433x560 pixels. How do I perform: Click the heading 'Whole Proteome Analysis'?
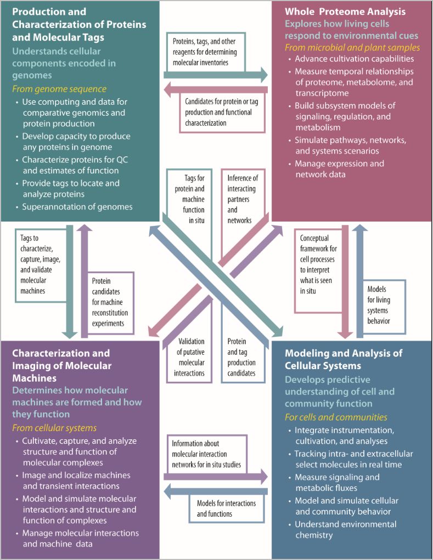345,11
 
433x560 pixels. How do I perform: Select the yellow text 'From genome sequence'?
59,89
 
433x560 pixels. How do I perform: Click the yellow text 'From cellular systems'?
54,428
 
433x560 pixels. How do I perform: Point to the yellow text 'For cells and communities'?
336,417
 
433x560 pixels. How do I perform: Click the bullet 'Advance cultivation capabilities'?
354,59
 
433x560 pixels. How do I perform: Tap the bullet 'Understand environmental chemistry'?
345,530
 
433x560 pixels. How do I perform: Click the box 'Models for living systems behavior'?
378,305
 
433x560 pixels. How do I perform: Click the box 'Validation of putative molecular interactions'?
192,357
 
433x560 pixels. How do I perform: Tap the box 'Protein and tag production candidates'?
241,357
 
